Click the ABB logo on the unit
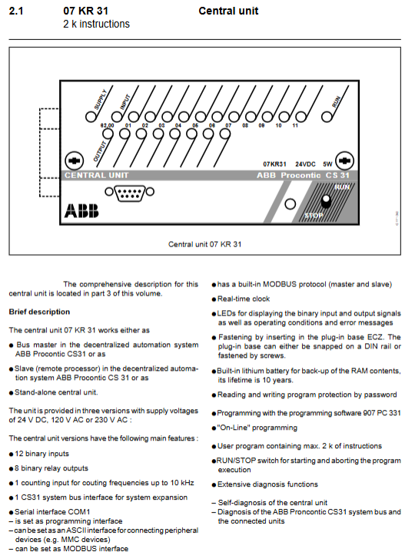click(x=81, y=210)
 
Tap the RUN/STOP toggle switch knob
click(x=326, y=201)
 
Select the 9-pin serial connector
click(x=130, y=193)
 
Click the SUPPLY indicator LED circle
click(x=91, y=117)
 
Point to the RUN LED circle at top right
click(x=327, y=117)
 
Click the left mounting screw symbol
click(x=75, y=161)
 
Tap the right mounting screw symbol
click(x=344, y=161)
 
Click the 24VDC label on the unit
click(x=305, y=164)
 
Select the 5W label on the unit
click(x=327, y=164)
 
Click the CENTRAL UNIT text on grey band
click(x=96, y=175)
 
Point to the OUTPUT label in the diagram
click(x=100, y=151)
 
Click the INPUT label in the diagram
click(x=125, y=102)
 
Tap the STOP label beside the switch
click(x=314, y=215)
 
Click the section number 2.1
click(x=16, y=11)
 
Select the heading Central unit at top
click(x=228, y=11)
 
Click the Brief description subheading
click(x=39, y=312)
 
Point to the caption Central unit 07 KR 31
click(x=205, y=244)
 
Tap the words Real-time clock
click(x=244, y=299)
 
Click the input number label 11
click(x=295, y=125)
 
